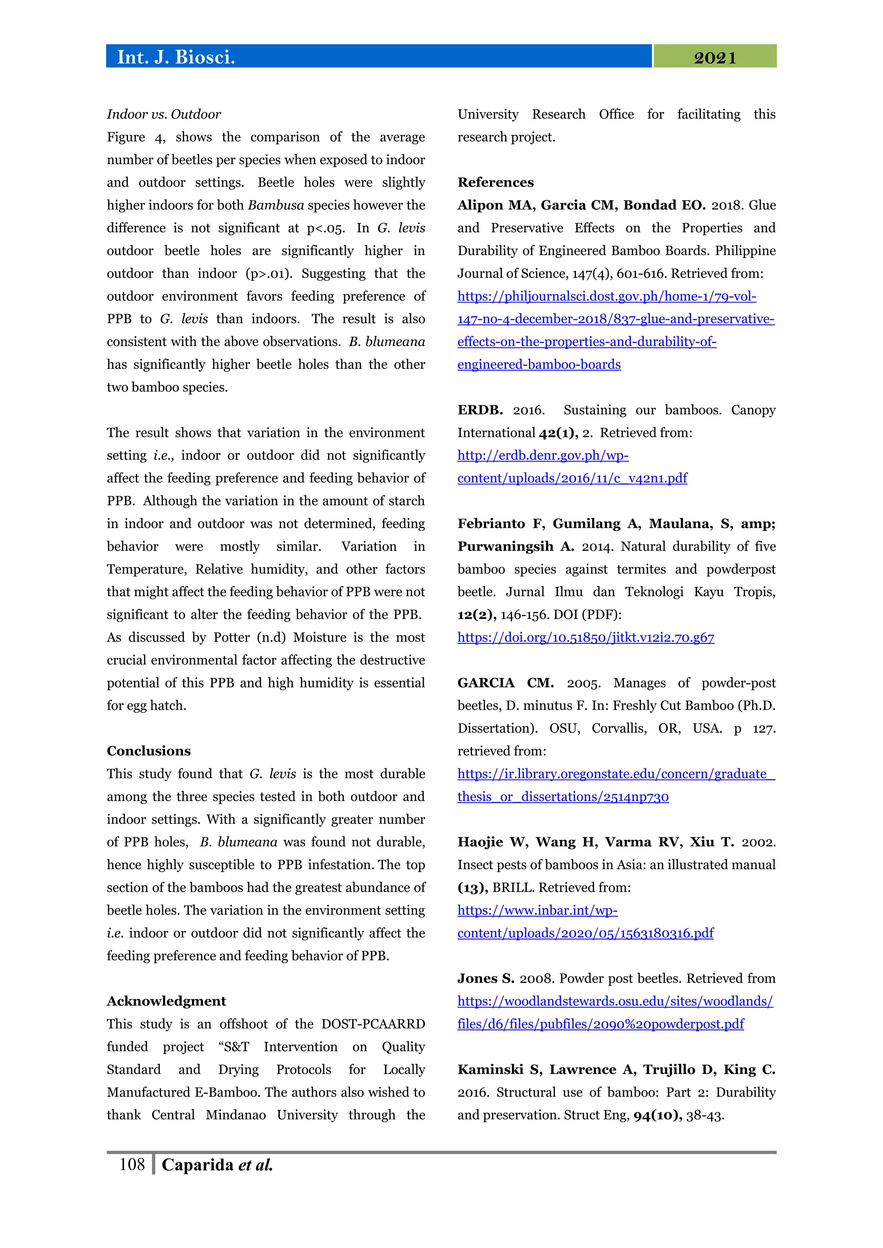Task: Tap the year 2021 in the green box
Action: (714, 58)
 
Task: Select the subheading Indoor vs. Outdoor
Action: (164, 114)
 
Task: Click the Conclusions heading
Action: (148, 751)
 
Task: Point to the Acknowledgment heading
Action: (166, 1001)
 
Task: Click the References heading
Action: (495, 182)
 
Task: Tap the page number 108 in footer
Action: (132, 1164)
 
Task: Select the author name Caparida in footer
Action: (197, 1165)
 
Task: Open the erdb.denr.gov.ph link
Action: (543, 456)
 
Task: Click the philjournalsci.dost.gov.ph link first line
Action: (606, 296)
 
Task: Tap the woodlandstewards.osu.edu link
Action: (614, 1001)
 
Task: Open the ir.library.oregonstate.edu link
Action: (616, 774)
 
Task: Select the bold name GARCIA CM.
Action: (505, 683)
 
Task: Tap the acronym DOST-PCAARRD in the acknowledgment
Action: (373, 1024)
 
